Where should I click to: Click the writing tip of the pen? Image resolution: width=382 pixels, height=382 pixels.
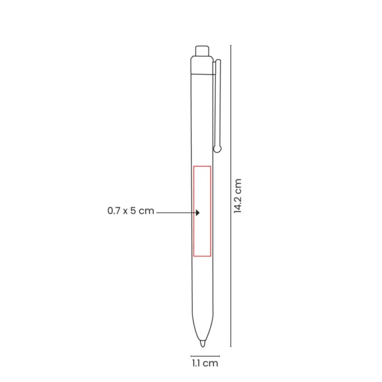(x=202, y=344)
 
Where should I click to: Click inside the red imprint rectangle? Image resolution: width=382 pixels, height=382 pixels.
(x=202, y=210)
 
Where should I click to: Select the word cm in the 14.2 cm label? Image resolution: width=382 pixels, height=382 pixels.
(x=238, y=185)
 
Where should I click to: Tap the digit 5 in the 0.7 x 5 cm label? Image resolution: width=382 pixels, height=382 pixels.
(x=134, y=211)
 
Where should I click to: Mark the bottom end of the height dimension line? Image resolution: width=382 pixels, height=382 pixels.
(x=230, y=347)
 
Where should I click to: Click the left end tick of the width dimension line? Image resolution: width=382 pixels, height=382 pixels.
(x=190, y=355)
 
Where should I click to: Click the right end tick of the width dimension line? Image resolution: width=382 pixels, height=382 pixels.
(x=219, y=355)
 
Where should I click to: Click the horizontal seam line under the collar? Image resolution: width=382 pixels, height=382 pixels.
(x=202, y=74)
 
